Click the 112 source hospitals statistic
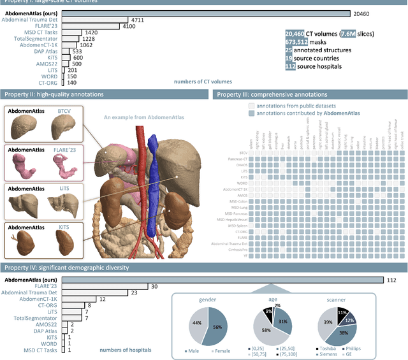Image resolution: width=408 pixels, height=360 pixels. pyautogui.click(x=314, y=66)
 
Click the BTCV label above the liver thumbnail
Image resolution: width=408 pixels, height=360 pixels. pyautogui.click(x=64, y=111)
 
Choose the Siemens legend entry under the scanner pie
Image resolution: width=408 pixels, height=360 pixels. pyautogui.click(x=329, y=356)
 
